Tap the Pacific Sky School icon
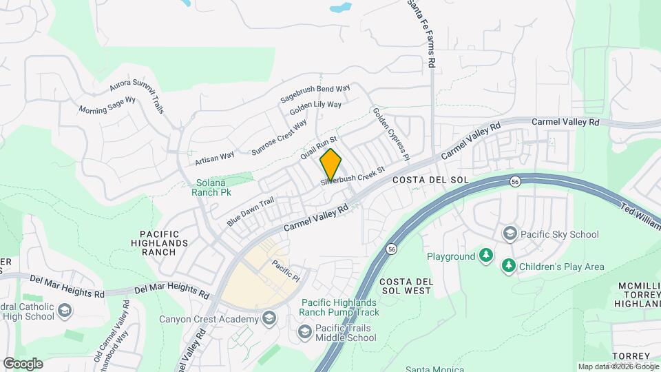coord(510,234)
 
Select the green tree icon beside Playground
coord(486,256)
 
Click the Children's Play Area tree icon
coord(509,266)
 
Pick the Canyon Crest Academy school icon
coord(269,318)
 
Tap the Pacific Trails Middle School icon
coord(304,333)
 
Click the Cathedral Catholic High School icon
coord(65,311)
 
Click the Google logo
coord(23,363)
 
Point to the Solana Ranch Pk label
coord(211,187)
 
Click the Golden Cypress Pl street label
coord(390,133)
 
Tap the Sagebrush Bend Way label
coord(315,94)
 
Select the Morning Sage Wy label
coord(107,105)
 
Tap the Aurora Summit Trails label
coord(137,94)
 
